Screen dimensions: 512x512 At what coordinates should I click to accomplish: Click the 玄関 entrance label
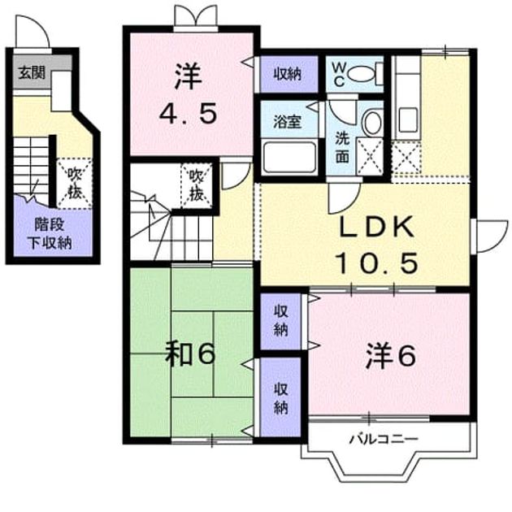coord(32,73)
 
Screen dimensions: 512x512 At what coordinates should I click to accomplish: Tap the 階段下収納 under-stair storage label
coord(50,233)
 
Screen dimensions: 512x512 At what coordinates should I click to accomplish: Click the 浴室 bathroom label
coord(287,121)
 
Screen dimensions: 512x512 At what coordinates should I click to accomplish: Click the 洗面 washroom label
coord(342,149)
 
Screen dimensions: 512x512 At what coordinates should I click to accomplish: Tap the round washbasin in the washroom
coord(372,123)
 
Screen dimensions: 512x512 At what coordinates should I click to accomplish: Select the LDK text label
coord(377,227)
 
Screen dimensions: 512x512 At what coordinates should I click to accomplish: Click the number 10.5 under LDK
coord(377,263)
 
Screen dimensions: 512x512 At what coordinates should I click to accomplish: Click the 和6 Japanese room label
coord(190,354)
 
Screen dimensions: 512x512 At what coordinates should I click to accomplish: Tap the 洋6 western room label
coord(391,355)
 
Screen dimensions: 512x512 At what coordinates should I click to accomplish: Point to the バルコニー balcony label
coord(384,439)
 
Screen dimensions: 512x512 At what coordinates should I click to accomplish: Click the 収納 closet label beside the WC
coord(288,74)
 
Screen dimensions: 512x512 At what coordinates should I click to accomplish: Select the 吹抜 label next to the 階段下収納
coord(75,184)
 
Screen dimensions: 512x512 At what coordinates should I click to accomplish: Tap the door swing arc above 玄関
coord(37,27)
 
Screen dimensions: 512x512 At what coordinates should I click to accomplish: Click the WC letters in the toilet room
coord(339,75)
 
